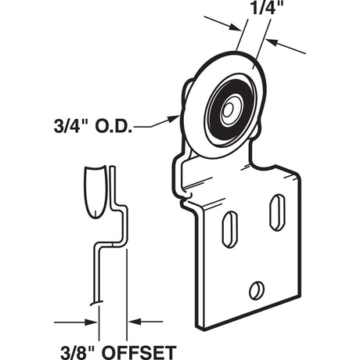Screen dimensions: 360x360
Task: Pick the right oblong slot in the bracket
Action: pos(275,212)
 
